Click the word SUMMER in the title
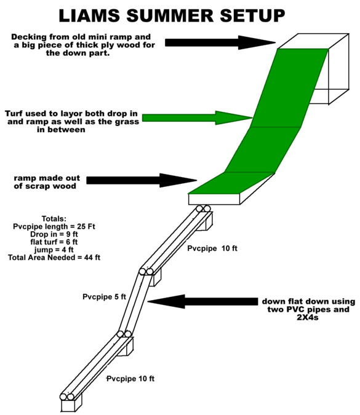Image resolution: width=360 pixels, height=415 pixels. [x=170, y=15]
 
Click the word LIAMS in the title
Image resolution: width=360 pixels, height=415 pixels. [x=89, y=15]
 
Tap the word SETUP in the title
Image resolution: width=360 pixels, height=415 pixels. [x=252, y=15]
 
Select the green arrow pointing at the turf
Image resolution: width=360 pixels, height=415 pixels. [x=197, y=118]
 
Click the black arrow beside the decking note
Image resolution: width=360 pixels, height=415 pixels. [x=220, y=42]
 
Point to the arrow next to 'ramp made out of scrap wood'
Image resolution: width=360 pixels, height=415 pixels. [x=142, y=181]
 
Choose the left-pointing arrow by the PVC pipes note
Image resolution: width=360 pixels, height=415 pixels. [x=202, y=301]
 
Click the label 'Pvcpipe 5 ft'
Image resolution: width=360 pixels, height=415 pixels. [x=104, y=297]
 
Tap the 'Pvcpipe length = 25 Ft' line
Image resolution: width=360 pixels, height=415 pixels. [x=54, y=226]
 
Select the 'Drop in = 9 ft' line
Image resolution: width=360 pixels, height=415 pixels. [x=54, y=234]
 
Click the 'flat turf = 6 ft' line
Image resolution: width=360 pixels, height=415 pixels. [x=54, y=242]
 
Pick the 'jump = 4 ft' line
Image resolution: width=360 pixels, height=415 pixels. [x=54, y=250]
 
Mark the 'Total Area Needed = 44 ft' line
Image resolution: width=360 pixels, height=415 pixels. [x=54, y=257]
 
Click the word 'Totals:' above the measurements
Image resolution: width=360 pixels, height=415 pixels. [x=54, y=219]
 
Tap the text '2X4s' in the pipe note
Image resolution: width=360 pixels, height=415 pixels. [x=308, y=317]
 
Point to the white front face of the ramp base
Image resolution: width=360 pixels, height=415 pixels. [x=214, y=199]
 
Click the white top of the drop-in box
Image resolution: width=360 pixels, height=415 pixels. [x=313, y=41]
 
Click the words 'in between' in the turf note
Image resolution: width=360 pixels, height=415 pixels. [x=61, y=130]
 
